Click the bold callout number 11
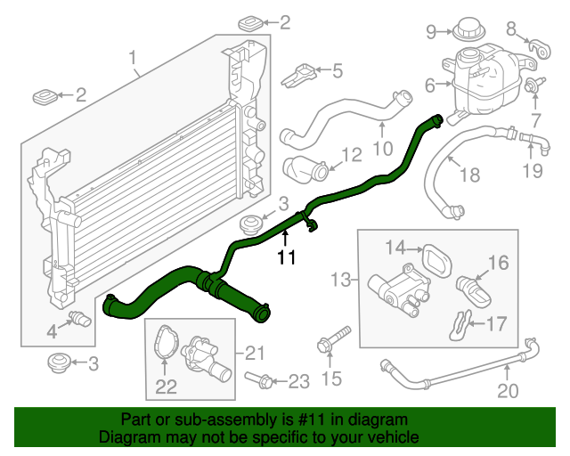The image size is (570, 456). pyautogui.click(x=285, y=258)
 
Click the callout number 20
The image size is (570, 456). pyautogui.click(x=507, y=390)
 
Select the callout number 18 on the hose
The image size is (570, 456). pyautogui.click(x=469, y=175)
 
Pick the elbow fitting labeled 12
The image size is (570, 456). pyautogui.click(x=299, y=167)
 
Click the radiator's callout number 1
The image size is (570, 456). pyautogui.click(x=134, y=61)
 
